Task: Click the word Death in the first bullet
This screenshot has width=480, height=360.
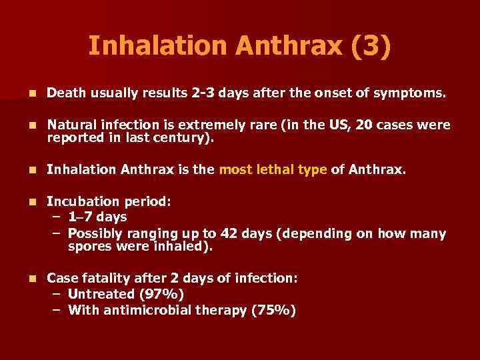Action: (67, 94)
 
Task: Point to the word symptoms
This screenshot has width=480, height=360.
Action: (410, 94)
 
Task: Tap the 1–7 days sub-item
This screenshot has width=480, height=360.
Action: (97, 217)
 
